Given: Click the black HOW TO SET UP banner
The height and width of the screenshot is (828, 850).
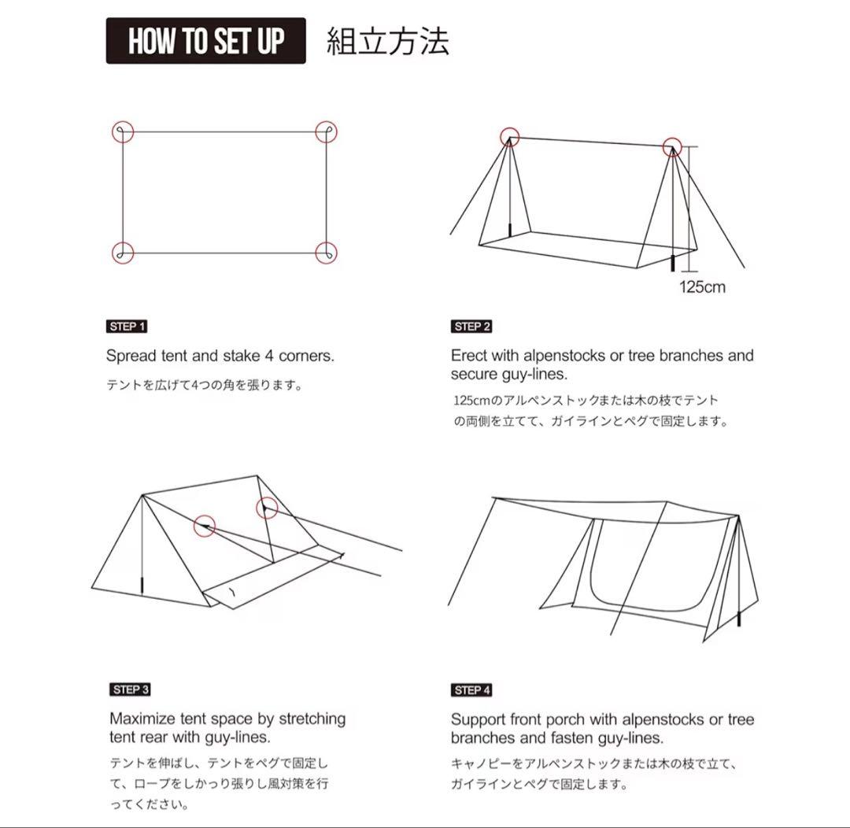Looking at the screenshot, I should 205,41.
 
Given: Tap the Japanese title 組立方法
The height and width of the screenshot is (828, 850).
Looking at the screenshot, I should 387,41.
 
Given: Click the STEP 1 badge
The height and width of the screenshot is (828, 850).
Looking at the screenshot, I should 127,326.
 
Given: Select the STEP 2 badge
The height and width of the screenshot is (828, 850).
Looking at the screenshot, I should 471,326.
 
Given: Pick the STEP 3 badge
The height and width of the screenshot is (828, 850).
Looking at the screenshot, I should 130,689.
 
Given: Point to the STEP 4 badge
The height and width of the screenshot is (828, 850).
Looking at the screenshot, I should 471,690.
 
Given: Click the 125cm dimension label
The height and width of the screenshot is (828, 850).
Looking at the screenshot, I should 702,286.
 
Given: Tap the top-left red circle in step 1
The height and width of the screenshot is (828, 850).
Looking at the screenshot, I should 123,131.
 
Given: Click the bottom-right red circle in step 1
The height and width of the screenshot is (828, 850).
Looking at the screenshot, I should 326,253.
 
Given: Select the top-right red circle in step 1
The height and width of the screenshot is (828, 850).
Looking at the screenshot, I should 326,131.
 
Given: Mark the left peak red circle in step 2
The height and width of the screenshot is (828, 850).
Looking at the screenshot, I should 509,137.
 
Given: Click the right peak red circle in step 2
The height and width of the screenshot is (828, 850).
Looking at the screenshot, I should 671,146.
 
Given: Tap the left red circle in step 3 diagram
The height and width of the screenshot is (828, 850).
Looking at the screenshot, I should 205,525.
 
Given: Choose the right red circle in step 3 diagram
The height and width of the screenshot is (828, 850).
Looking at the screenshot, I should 267,508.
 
